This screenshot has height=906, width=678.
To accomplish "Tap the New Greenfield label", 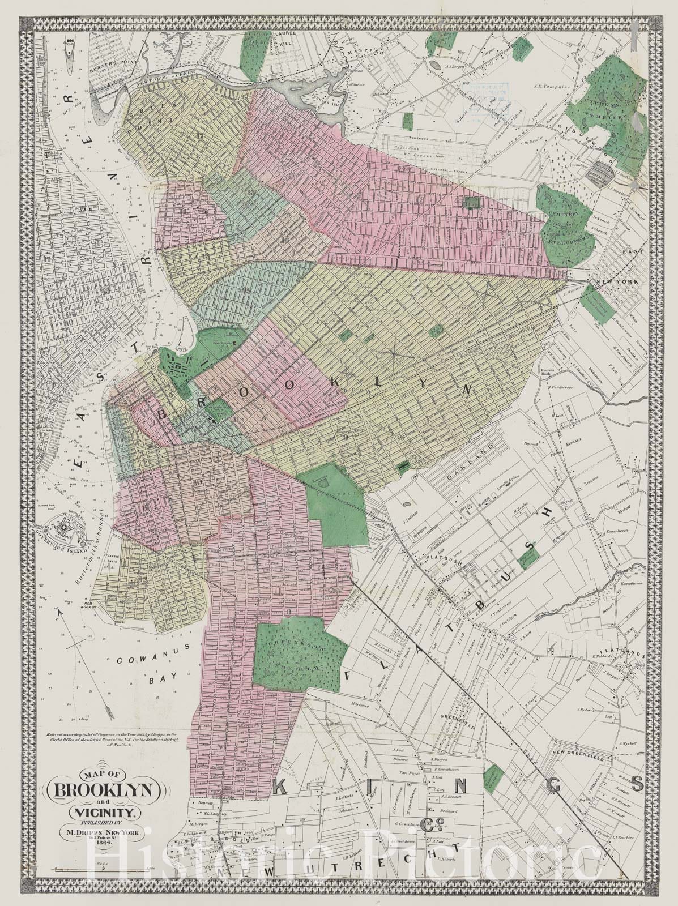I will [580, 757].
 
